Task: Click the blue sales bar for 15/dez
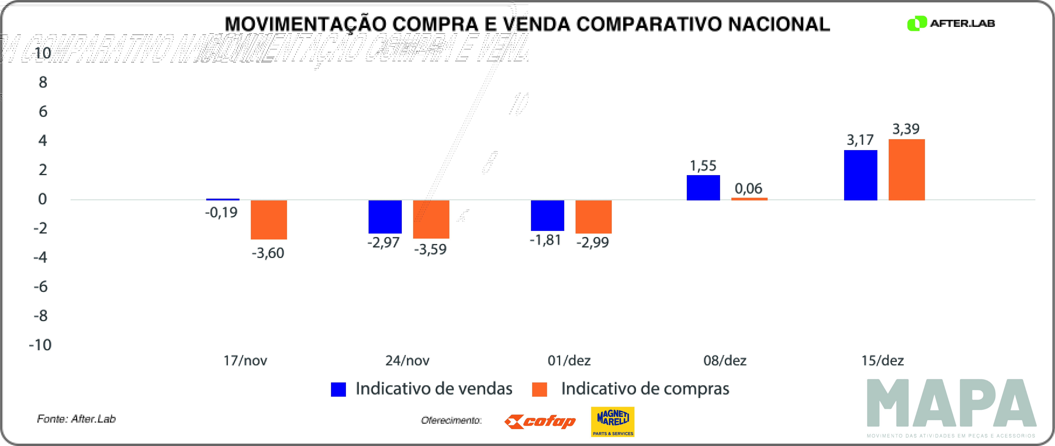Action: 860,175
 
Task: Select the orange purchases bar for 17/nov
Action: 269,220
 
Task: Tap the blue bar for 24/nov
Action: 385,217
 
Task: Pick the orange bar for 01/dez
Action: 593,217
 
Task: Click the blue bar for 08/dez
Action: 703,188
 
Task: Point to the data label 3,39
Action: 906,129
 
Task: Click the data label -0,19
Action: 221,212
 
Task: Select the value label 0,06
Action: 748,189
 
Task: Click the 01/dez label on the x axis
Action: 569,360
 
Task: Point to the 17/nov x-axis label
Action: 245,360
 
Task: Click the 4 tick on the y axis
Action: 43,141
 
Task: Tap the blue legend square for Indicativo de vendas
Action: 338,389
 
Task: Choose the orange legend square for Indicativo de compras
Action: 539,389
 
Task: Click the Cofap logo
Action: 540,421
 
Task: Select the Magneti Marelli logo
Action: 613,421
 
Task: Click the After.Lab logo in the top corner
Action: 951,23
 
